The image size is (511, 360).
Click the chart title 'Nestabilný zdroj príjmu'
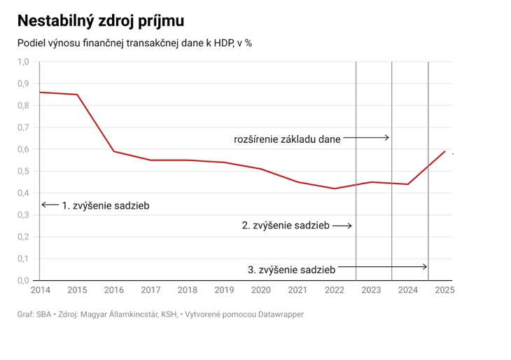point(101,20)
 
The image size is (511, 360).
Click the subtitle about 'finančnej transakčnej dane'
point(134,43)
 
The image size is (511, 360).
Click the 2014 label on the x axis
point(40,290)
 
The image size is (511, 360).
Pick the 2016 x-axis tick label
point(113,290)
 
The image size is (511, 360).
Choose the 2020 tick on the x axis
point(260,290)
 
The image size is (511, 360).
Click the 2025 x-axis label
point(444,290)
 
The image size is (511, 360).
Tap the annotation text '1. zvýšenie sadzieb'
point(106,206)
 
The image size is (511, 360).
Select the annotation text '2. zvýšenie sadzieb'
point(286,226)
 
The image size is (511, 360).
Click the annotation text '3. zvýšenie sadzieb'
point(291,269)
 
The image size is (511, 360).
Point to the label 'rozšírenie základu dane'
point(287,139)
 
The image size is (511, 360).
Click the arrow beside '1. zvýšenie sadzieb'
point(49,205)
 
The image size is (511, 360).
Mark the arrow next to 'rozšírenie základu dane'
point(366,138)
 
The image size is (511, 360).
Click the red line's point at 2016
point(113,151)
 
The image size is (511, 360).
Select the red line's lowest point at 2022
point(335,188)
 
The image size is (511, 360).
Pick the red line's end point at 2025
point(444,151)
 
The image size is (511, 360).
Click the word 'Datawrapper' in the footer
point(279,314)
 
